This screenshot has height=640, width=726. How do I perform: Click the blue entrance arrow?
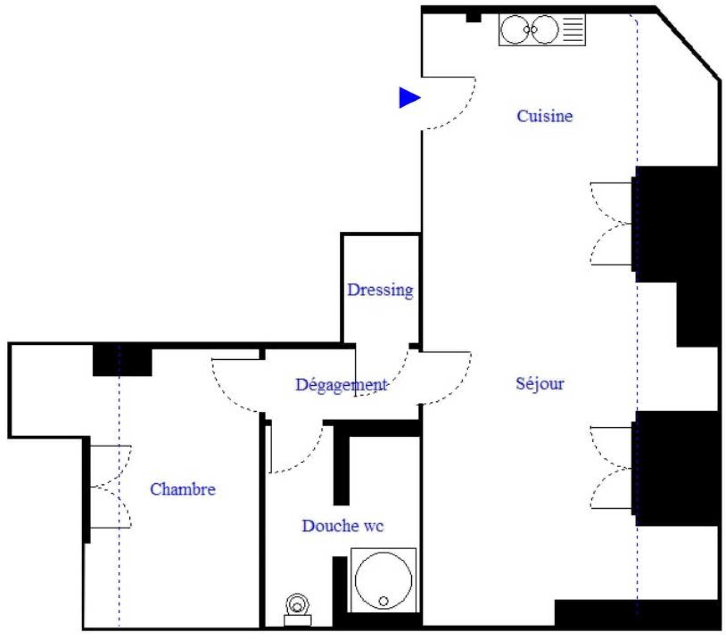(x=409, y=98)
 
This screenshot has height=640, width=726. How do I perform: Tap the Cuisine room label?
(x=544, y=116)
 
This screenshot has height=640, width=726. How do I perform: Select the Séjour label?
(x=540, y=384)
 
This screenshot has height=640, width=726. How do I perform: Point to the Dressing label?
(x=380, y=290)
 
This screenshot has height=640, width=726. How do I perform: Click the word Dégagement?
(x=341, y=385)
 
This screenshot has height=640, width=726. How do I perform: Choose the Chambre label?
(x=182, y=489)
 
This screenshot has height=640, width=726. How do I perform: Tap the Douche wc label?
(x=343, y=526)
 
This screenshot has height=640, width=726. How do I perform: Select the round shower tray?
(x=383, y=580)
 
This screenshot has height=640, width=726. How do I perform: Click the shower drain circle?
(x=383, y=601)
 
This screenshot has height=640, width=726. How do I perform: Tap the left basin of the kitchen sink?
(x=515, y=29)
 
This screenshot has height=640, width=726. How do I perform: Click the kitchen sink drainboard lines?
(x=573, y=29)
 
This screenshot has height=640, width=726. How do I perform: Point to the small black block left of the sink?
(x=474, y=18)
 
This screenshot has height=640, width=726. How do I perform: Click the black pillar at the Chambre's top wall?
(x=122, y=360)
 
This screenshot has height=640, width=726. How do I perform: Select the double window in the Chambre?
(x=111, y=487)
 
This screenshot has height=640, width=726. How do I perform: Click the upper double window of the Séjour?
(x=611, y=224)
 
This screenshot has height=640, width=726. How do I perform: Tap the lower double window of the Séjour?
(x=611, y=468)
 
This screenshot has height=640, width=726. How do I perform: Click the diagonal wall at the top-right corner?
(x=689, y=44)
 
